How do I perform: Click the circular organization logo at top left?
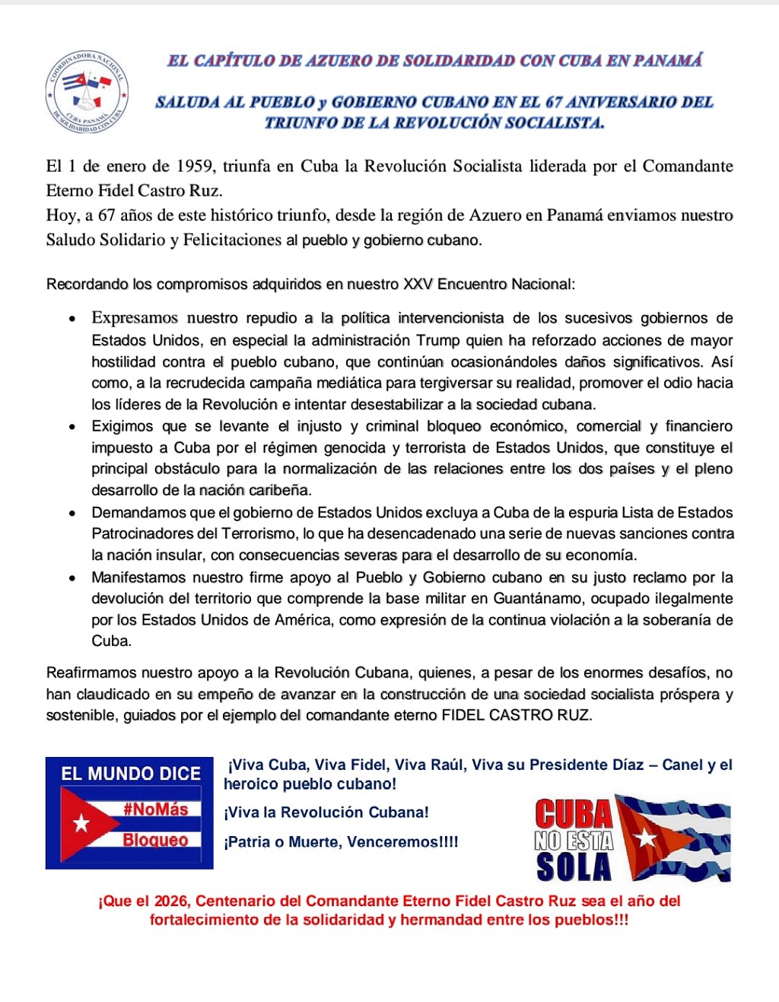[x=87, y=94]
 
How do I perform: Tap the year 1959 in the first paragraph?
[x=194, y=166]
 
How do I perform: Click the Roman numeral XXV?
[x=418, y=285]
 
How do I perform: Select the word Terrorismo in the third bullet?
[x=256, y=533]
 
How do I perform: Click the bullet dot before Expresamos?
[x=72, y=319]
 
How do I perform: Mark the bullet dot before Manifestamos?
[x=72, y=578]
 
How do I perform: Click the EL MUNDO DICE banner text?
[x=130, y=774]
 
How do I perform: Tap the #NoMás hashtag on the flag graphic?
[x=155, y=810]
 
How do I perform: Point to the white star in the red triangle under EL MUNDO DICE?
[x=81, y=823]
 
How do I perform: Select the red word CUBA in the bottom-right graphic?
[x=574, y=813]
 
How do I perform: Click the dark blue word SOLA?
[x=574, y=867]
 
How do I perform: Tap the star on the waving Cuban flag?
[x=646, y=838]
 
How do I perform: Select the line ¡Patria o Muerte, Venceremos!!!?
[x=341, y=842]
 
